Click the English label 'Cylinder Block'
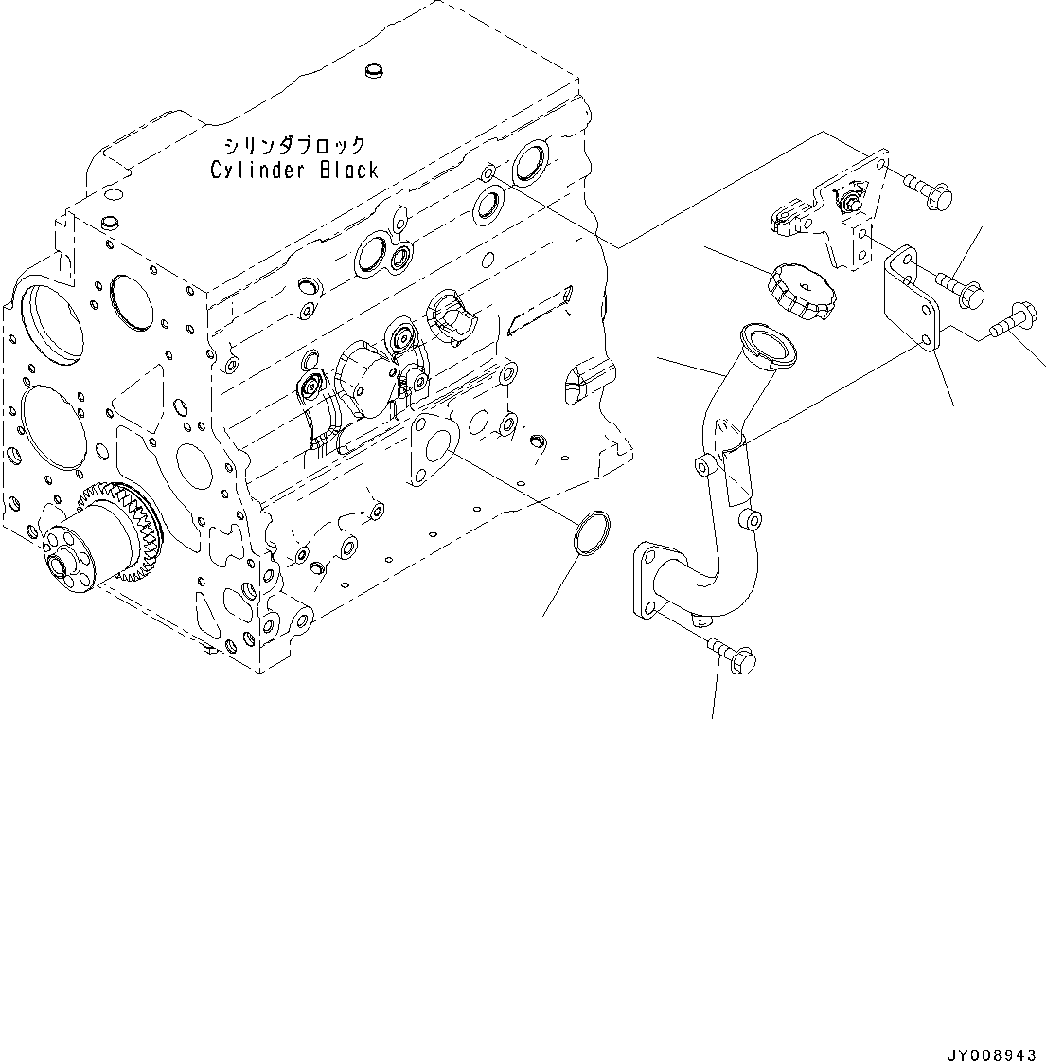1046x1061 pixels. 293,171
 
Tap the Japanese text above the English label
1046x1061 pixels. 293,146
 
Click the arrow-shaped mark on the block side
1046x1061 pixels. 540,311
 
